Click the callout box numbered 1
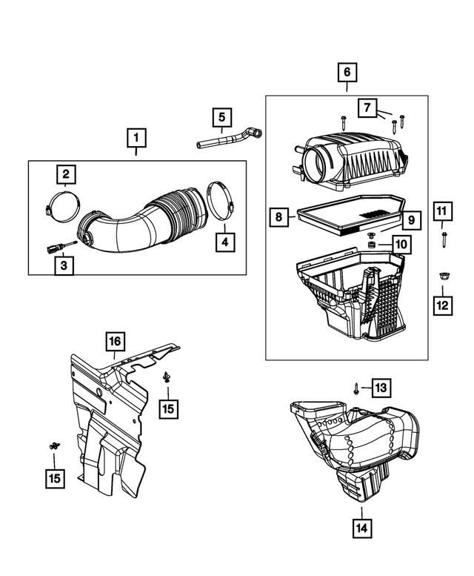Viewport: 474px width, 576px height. click(136, 137)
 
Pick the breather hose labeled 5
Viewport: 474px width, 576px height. click(226, 139)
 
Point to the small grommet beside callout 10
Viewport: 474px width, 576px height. click(368, 244)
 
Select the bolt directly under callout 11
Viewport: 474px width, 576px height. click(442, 238)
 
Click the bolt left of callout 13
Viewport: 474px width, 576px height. click(358, 387)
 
